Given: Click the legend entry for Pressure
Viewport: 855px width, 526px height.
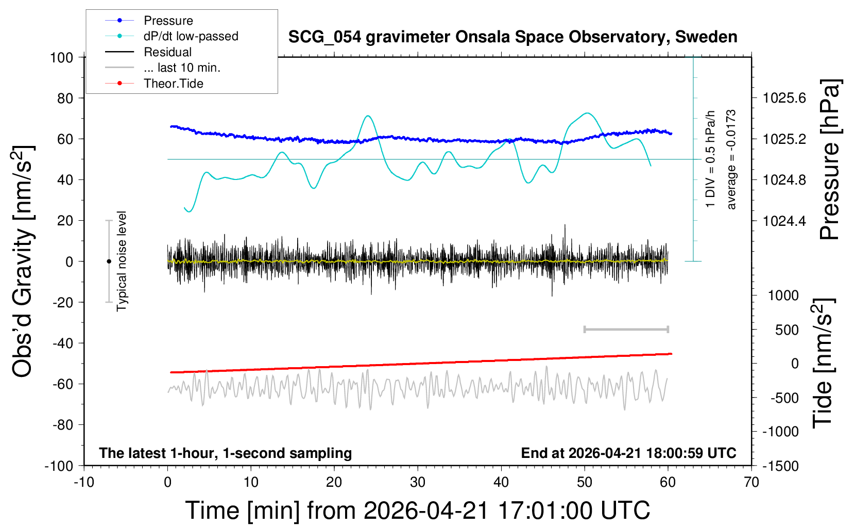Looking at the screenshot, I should coord(168,21).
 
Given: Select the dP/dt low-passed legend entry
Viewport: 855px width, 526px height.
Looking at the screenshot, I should coord(191,36).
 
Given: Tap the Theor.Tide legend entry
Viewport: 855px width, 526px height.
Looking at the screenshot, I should coord(173,84).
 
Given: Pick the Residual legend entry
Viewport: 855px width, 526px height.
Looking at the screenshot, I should coord(167,52).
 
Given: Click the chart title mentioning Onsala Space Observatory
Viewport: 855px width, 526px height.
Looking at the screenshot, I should coord(512,37).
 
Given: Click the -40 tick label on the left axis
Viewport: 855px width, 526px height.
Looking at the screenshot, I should coord(62,343).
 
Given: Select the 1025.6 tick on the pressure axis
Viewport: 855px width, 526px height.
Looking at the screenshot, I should coord(784,98).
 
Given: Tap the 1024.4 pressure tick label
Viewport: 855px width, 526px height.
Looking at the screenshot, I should coord(784,221).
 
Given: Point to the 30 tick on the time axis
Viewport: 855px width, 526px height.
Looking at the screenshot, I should coord(418,483).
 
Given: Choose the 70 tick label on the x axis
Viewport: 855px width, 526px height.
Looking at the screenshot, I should coord(751,483).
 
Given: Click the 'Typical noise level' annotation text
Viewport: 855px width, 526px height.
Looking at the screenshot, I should coord(122,261).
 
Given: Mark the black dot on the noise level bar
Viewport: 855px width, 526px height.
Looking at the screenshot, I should coord(109,261).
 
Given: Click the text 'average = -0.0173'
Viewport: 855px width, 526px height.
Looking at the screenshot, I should coord(731,159).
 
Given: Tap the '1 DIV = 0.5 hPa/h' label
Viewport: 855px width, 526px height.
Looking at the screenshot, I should coord(711,159).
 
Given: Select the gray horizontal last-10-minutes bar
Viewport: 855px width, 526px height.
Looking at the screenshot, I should coord(626,329).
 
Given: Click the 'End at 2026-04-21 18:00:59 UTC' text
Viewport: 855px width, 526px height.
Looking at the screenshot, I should coord(628,453).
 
